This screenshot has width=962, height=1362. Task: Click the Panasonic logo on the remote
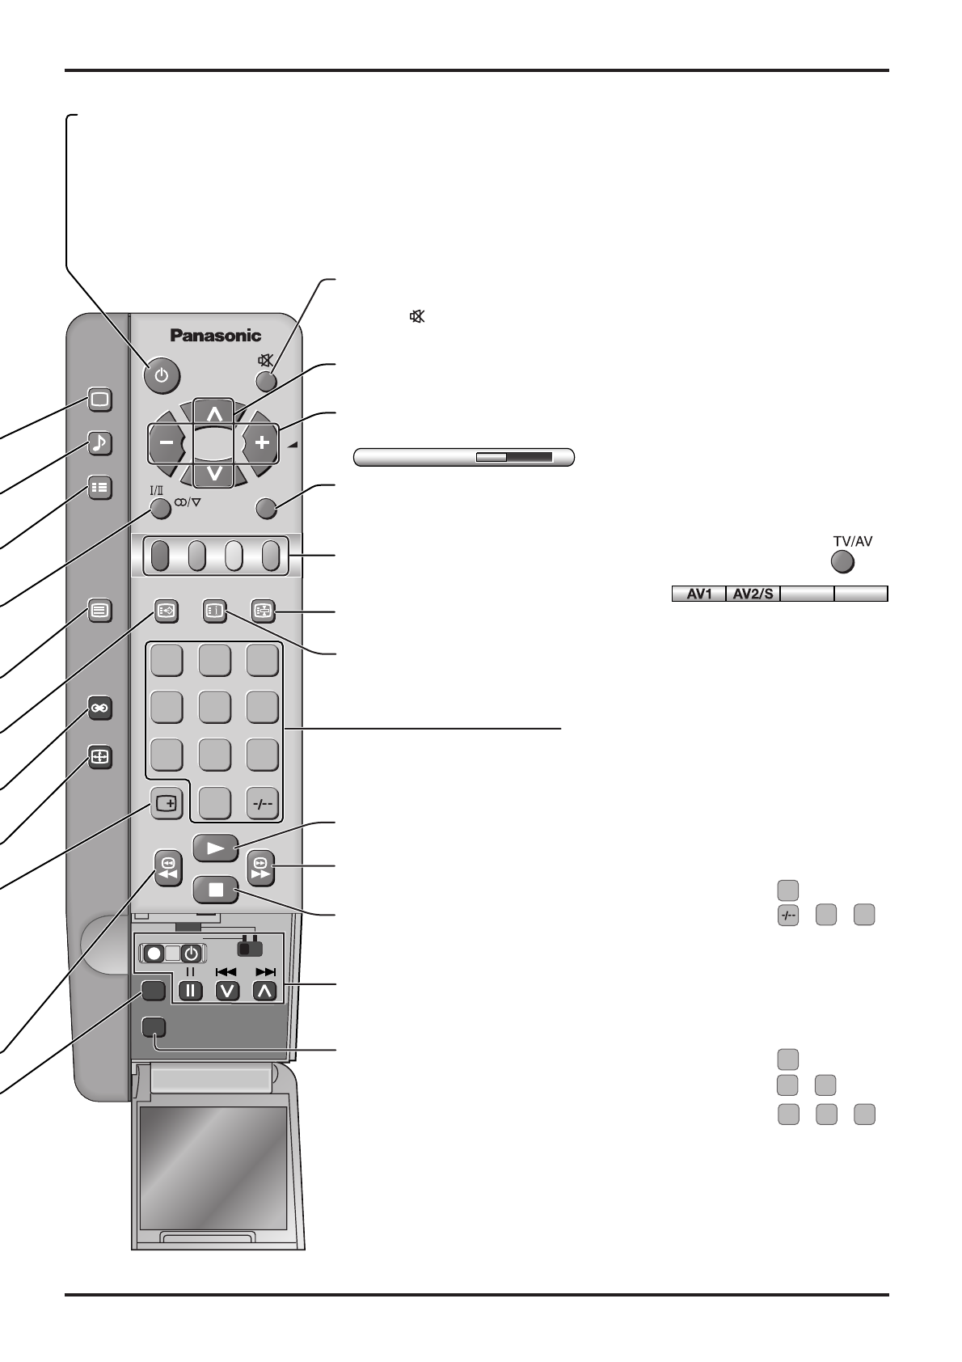215,335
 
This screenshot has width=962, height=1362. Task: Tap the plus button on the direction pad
260,443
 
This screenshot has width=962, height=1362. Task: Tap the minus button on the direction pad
167,443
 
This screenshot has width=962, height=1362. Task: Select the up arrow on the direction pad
214,413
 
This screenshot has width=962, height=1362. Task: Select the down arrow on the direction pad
214,473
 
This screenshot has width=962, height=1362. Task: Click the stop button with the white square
216,890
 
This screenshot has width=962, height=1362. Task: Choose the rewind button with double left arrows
168,868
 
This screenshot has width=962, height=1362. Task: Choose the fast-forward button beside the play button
261,868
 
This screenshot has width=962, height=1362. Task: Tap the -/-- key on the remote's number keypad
263,804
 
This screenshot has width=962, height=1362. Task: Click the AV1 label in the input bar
699,594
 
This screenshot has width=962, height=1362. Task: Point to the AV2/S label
753,594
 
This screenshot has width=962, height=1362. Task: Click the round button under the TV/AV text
842,561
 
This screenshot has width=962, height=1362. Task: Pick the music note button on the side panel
99,443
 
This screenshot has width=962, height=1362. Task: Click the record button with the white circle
154,953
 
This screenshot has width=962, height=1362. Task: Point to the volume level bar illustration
464,457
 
